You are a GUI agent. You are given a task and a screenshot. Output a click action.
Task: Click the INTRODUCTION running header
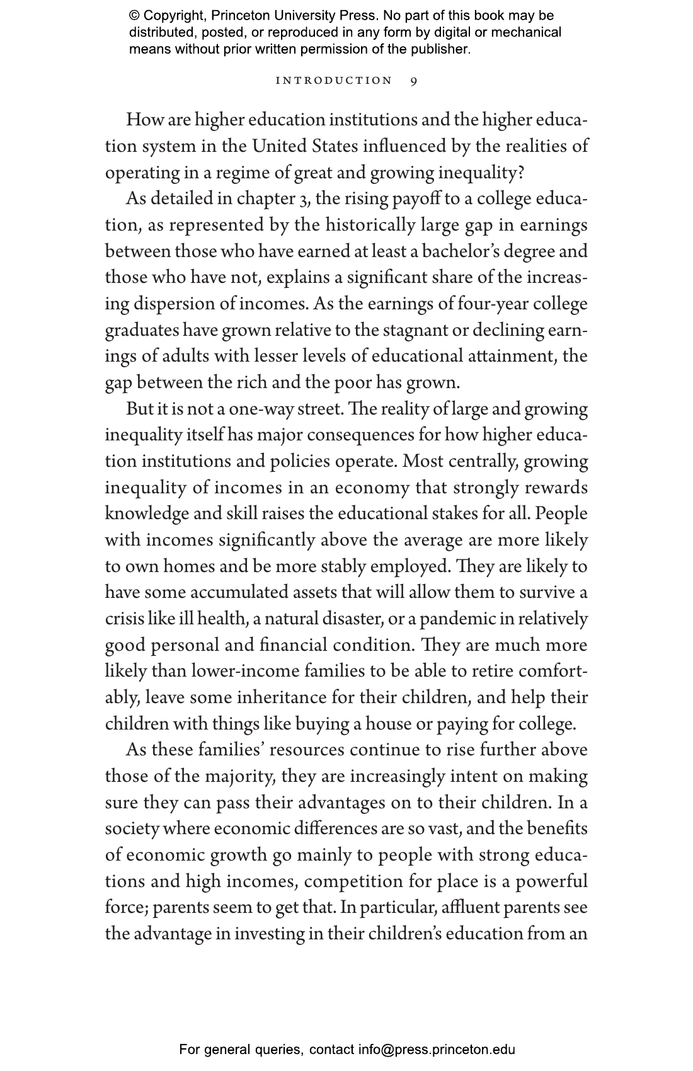(x=335, y=81)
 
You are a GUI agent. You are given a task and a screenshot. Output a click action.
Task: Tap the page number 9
(x=413, y=81)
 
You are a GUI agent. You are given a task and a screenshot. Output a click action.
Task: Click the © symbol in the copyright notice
(x=134, y=16)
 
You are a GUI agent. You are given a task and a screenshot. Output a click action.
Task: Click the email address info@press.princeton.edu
(x=437, y=1050)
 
